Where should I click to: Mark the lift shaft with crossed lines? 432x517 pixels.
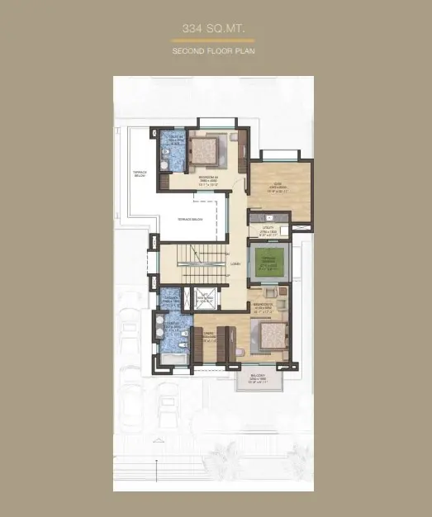(x=204, y=299)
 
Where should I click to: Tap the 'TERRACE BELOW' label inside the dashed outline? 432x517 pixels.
(x=190, y=219)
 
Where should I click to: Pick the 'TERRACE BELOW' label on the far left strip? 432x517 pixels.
(x=140, y=174)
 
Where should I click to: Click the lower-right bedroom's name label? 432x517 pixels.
(x=263, y=306)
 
